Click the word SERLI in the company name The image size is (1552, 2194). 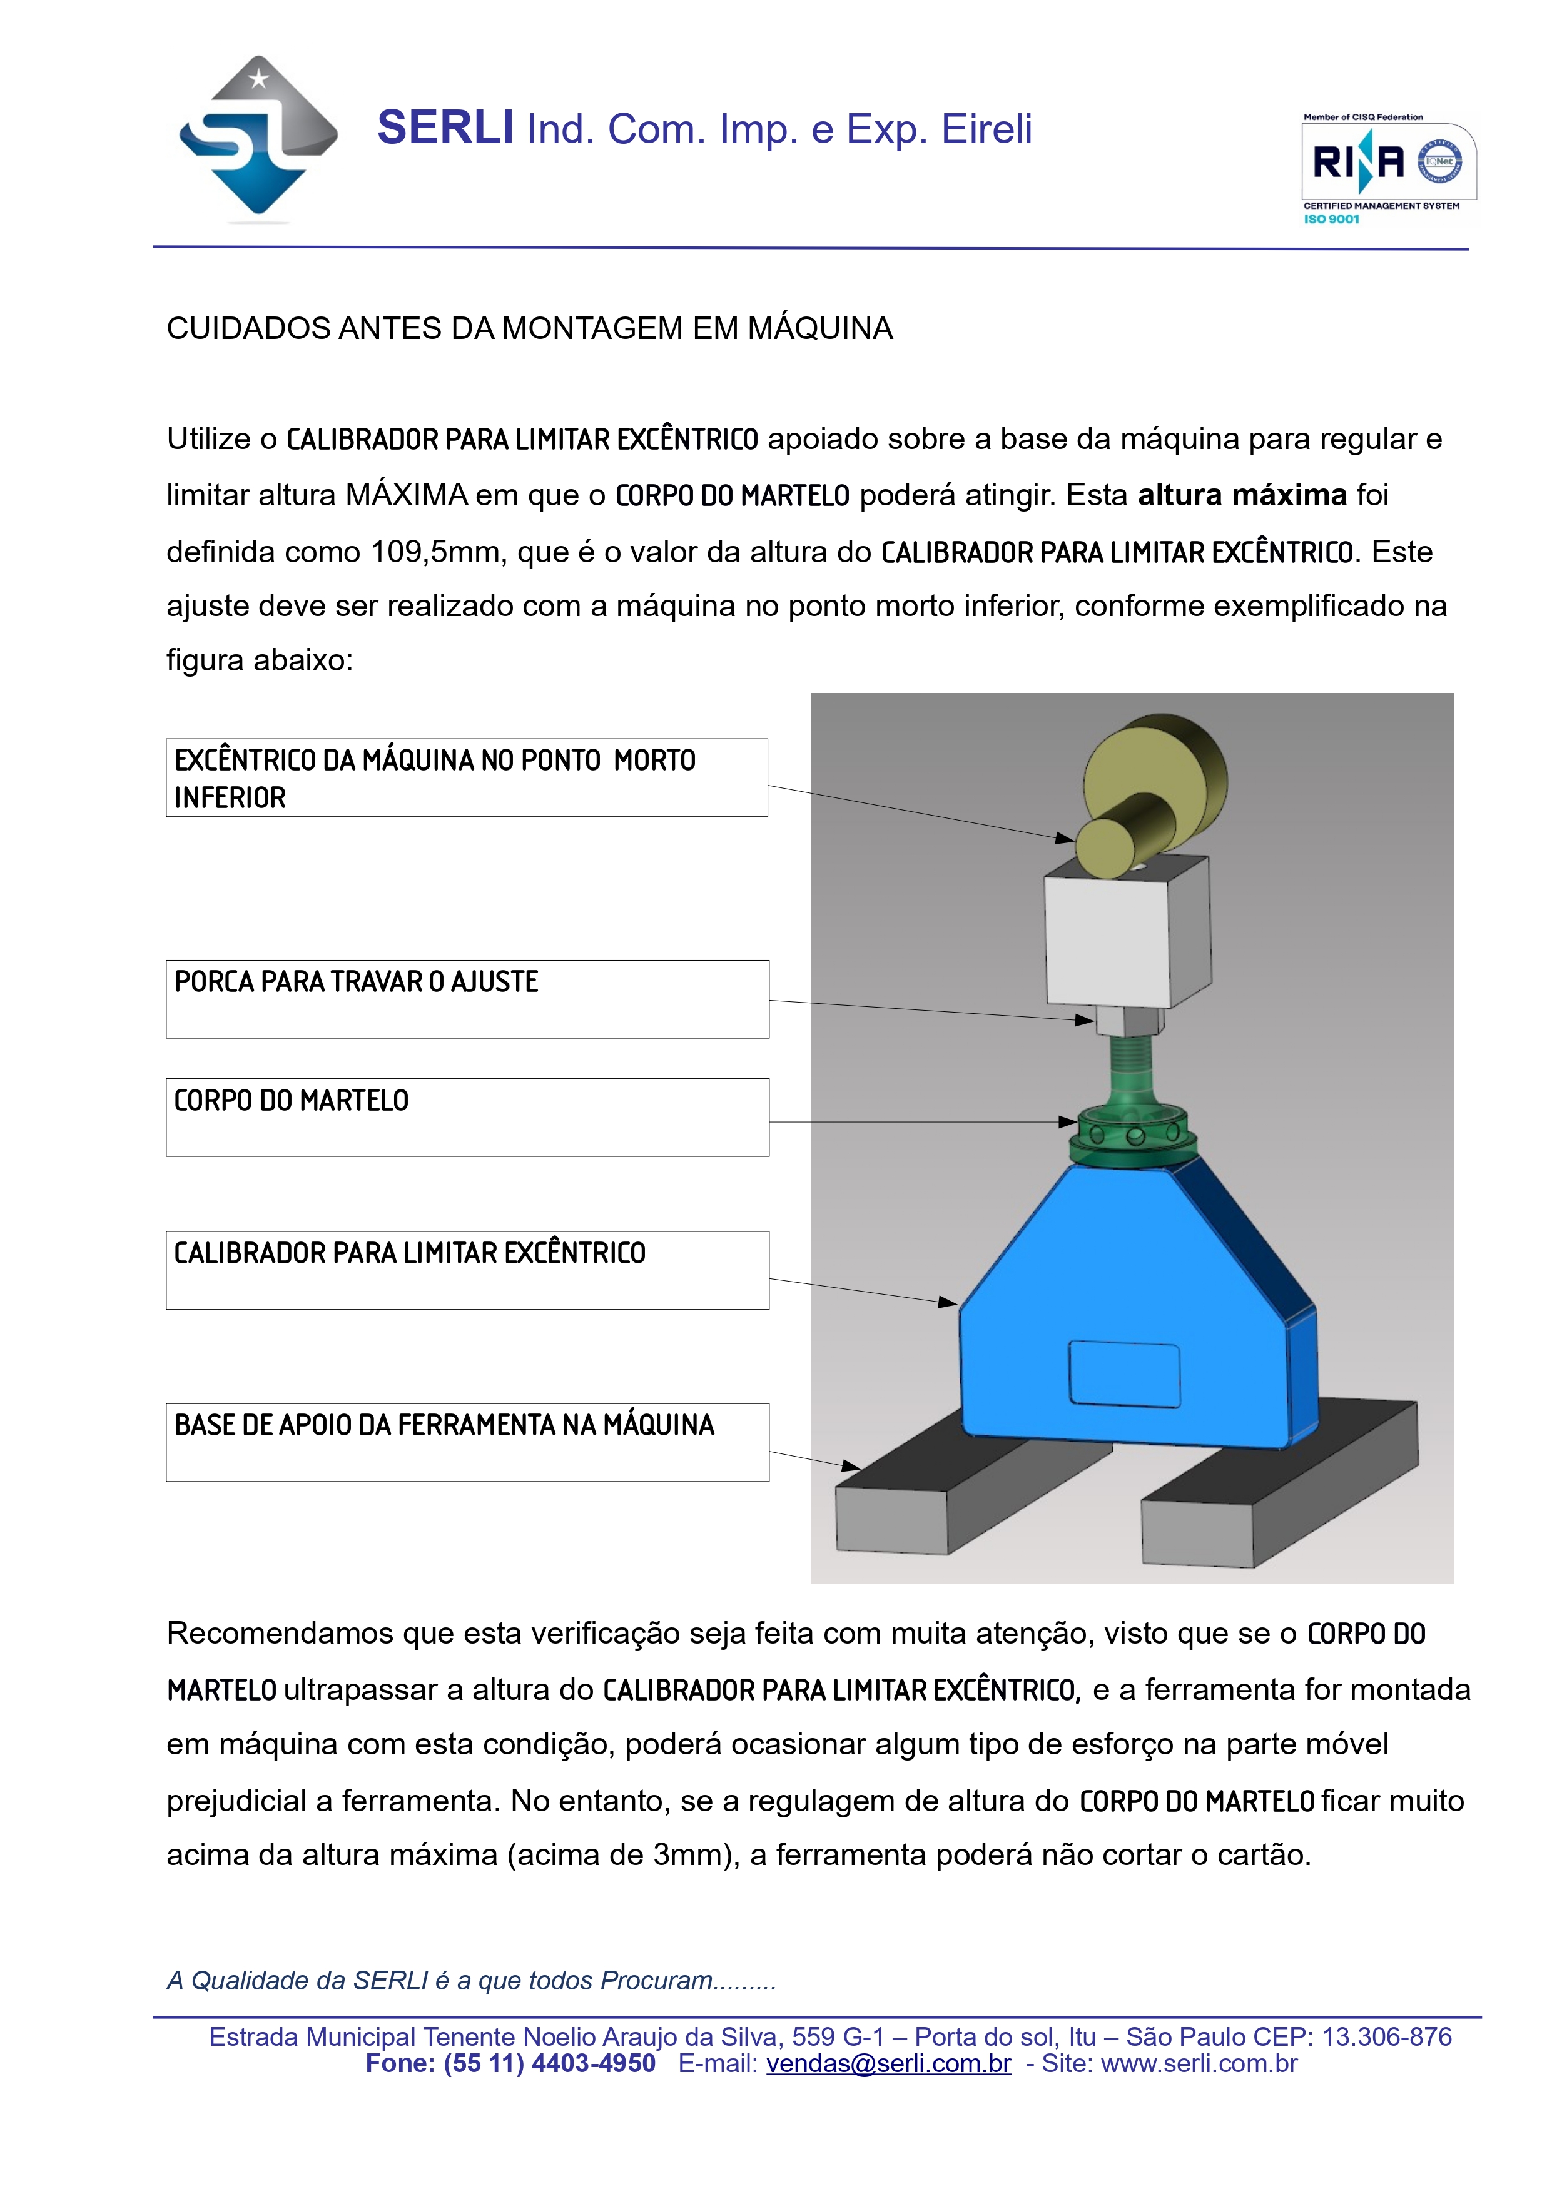445,128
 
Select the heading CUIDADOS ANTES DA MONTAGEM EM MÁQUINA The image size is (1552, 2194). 529,329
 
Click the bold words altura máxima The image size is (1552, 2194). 1241,495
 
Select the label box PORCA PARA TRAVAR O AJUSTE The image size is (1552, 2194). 467,999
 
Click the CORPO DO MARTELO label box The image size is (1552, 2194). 467,1117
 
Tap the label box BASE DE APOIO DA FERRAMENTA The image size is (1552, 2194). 467,1442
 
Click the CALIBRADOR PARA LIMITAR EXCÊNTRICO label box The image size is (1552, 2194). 467,1270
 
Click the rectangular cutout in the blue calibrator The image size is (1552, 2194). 1124,1374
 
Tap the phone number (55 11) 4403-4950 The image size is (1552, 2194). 549,2063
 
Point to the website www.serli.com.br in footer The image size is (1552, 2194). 1199,2063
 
